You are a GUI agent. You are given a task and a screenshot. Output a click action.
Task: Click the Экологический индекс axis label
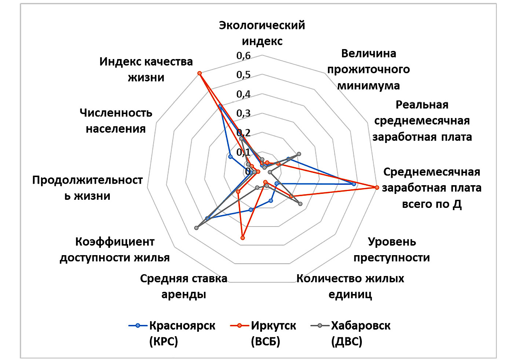click(262, 33)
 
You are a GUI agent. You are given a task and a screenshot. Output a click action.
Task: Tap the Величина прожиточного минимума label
click(368, 69)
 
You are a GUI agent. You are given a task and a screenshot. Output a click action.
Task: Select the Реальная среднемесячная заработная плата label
click(422, 121)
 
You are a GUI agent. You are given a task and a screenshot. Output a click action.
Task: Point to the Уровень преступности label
click(392, 249)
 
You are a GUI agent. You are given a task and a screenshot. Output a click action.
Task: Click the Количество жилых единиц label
click(350, 286)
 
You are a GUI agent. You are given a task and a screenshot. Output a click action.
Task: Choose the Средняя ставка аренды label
click(183, 286)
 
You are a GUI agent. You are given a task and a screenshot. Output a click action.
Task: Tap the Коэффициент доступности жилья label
click(115, 249)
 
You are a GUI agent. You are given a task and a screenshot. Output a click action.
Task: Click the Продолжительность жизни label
click(87, 188)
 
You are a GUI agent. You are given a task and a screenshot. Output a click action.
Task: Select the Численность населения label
click(116, 121)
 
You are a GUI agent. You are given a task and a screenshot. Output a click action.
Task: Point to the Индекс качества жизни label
click(146, 69)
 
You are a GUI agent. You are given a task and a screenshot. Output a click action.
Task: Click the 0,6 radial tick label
click(244, 56)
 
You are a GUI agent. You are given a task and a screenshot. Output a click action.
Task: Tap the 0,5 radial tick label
click(244, 75)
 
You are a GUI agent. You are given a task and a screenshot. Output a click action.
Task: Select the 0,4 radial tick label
click(244, 94)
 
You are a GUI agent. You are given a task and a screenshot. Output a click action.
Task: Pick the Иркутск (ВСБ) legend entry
click(263, 333)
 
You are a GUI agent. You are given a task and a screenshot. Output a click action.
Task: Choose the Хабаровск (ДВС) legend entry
click(351, 333)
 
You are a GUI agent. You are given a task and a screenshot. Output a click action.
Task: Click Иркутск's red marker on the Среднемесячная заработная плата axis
click(376, 187)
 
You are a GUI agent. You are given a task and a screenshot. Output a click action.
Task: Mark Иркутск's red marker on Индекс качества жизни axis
click(200, 73)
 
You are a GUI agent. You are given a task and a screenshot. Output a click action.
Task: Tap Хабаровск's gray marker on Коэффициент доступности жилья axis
click(196, 228)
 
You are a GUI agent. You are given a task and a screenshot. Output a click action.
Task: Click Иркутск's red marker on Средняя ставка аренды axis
click(243, 238)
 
